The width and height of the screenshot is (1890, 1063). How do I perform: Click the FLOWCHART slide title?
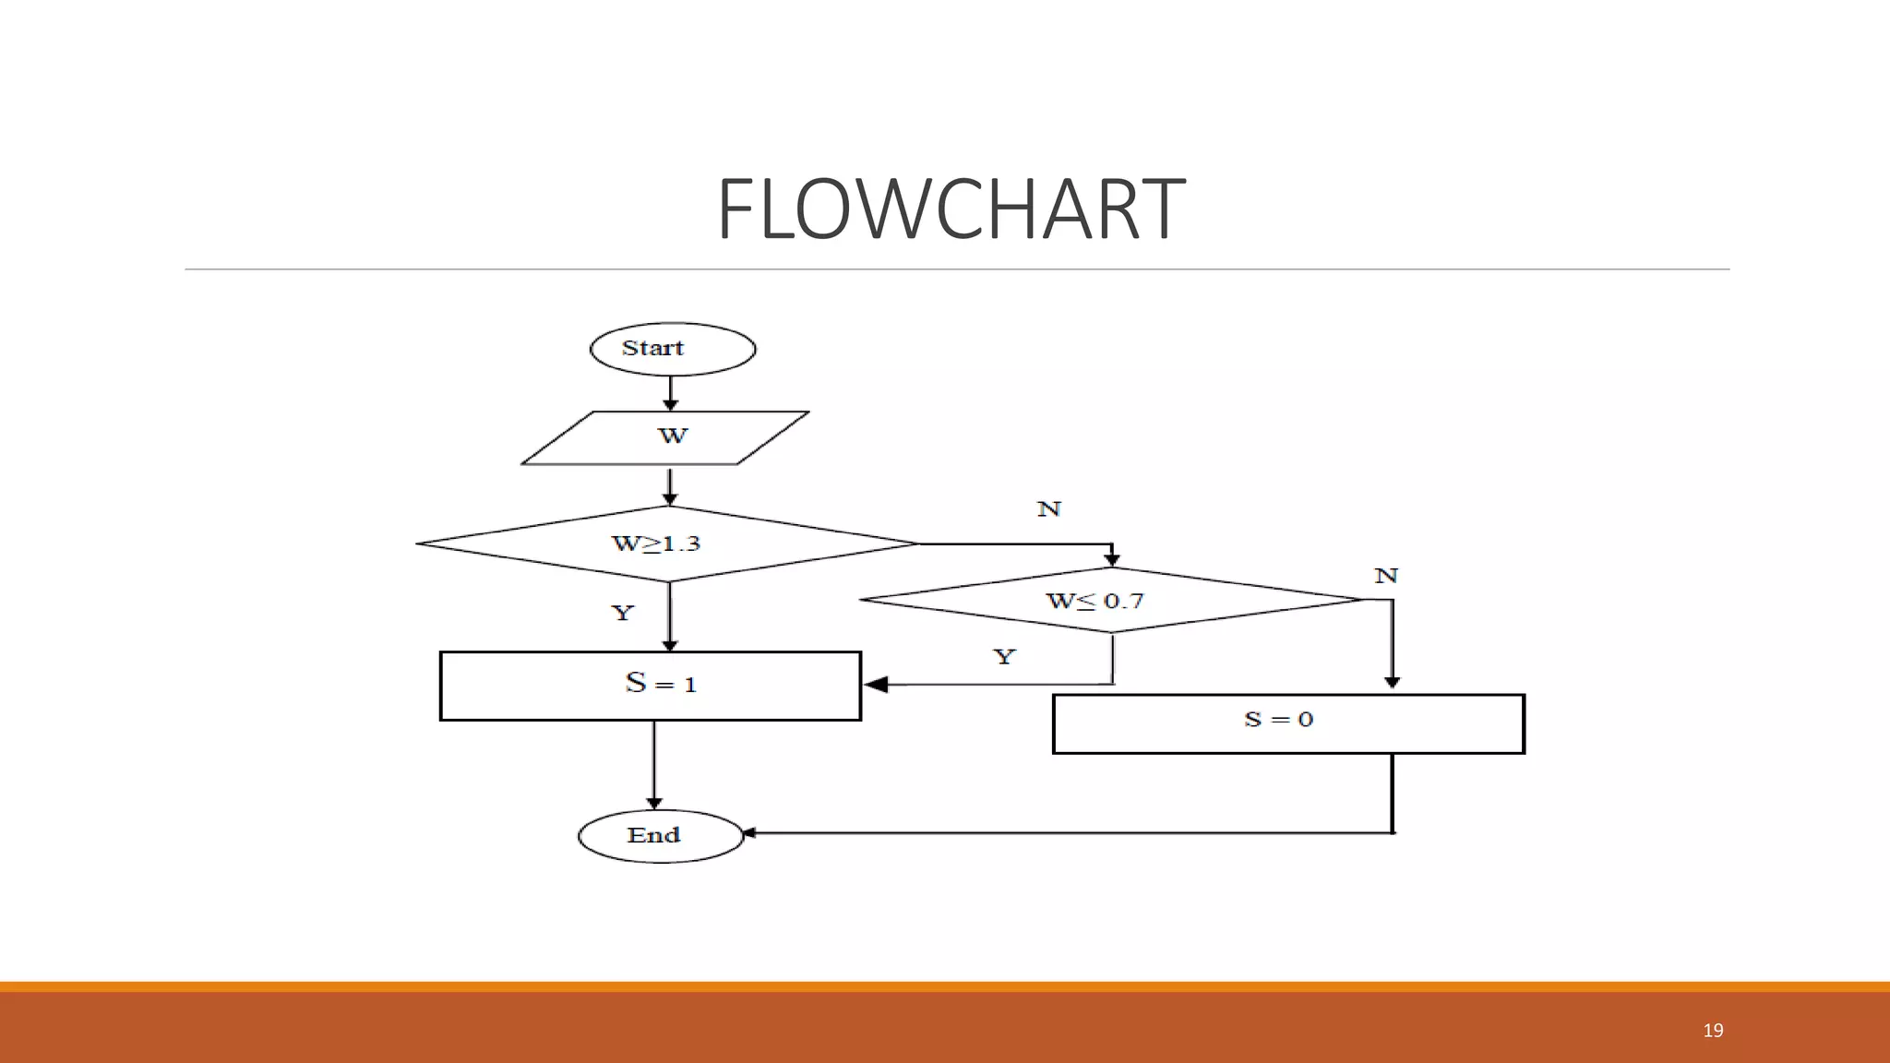tap(951, 209)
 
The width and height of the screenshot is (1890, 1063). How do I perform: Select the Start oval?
tap(673, 349)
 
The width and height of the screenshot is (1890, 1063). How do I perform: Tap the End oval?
tap(661, 836)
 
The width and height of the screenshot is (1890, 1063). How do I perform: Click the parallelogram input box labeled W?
tap(666, 437)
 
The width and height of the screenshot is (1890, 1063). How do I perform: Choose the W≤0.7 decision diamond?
tap(1111, 600)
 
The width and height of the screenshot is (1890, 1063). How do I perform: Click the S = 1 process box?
tap(651, 686)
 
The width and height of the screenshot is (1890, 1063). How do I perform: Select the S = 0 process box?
tap(1288, 723)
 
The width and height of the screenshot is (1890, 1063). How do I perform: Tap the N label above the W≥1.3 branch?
tap(1049, 509)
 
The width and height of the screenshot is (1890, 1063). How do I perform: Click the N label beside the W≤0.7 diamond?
tap(1386, 576)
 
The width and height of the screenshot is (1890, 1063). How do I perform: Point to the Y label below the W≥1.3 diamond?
tap(623, 613)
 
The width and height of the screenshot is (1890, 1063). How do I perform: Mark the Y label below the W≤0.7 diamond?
tap(1004, 656)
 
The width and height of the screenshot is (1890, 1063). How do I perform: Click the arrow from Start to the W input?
tap(671, 392)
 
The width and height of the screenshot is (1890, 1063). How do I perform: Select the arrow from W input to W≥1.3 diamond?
tap(670, 485)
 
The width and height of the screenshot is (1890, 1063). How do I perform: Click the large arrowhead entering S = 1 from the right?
tap(876, 685)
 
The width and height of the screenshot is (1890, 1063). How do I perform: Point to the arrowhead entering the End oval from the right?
tap(749, 833)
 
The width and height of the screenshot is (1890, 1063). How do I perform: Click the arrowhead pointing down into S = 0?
tap(1393, 683)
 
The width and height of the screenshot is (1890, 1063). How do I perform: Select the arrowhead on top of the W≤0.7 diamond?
tap(1112, 559)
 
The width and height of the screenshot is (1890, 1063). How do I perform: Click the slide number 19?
tap(1713, 1030)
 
